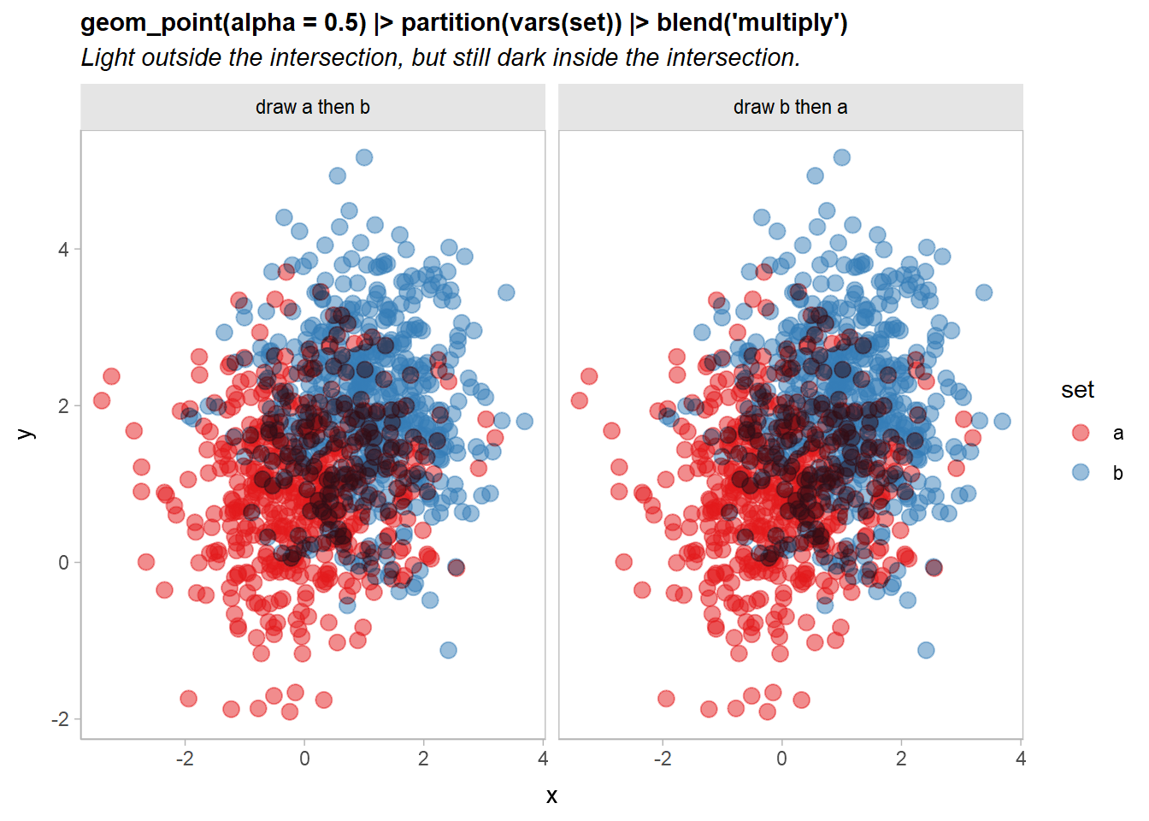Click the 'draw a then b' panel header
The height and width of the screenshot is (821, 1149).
coord(313,107)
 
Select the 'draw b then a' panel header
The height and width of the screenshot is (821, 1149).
coord(790,107)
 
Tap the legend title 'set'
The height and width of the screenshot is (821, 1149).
coord(1077,390)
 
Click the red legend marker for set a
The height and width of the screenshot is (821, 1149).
coord(1081,433)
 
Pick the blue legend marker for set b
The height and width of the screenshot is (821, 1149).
coord(1081,472)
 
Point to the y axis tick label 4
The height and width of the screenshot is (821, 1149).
coord(63,250)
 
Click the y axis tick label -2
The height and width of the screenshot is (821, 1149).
coord(60,719)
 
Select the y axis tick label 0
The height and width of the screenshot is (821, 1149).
coord(63,563)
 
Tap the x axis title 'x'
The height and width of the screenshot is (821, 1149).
coord(551,796)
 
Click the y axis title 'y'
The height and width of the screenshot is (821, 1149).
coord(26,434)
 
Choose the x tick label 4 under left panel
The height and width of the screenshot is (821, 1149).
coord(543,759)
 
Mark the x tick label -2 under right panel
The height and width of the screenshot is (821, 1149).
coord(663,759)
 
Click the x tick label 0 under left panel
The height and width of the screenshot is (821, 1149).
coord(304,759)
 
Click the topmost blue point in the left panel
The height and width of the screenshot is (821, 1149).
coord(364,157)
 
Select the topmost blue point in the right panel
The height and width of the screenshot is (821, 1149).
coord(842,157)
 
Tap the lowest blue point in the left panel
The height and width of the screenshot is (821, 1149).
coord(448,650)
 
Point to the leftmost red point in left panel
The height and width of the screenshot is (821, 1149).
coord(102,400)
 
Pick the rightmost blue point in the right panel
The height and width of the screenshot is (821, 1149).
coord(1002,421)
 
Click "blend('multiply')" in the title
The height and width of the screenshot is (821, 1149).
coord(752,22)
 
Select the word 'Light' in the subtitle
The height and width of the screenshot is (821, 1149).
coord(108,57)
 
